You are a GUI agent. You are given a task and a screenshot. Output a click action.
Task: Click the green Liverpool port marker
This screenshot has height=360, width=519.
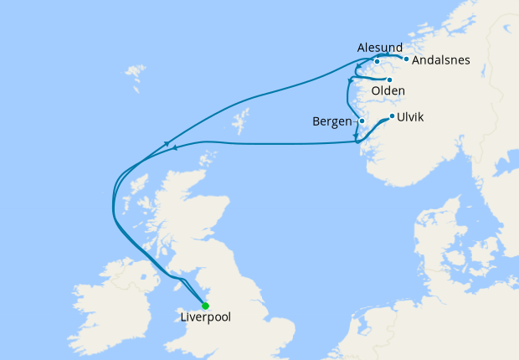point(205,306)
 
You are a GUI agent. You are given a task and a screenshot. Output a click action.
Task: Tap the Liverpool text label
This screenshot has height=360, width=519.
point(205,318)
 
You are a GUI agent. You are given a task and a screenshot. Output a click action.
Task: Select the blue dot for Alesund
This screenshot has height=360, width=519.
point(378,61)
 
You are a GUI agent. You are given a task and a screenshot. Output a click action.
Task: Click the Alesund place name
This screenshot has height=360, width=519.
point(379,48)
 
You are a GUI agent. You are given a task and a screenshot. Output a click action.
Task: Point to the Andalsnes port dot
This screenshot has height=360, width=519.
point(406,59)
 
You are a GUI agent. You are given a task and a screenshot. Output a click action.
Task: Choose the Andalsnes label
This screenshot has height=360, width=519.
point(441,60)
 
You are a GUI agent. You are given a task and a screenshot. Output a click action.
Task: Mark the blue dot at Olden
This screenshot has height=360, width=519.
point(389,80)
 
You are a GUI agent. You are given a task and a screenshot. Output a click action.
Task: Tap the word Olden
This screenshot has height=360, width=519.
point(388,91)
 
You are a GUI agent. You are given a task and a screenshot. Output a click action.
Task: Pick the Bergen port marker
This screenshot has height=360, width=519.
point(362,121)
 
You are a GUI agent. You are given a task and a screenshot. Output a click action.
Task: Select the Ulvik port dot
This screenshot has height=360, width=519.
point(392,116)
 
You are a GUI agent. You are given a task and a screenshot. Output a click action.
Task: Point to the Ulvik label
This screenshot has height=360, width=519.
point(412,117)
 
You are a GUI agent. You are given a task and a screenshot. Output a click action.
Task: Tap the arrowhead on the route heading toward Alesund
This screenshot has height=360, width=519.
point(168,143)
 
